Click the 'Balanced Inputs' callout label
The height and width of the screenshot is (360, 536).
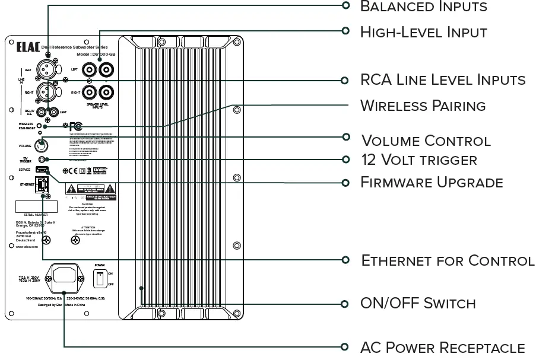click(423, 7)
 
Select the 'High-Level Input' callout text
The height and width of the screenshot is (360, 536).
click(423, 31)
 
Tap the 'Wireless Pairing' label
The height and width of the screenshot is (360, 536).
click(423, 106)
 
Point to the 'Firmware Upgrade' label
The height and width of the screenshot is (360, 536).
click(432, 182)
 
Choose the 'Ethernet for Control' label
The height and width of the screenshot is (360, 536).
click(448, 260)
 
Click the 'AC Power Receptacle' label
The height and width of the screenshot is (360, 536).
click(442, 347)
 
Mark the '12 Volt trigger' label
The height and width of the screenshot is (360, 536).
click(418, 160)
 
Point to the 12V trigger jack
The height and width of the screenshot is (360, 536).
click(42, 159)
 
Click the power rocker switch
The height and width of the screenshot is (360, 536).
click(100, 278)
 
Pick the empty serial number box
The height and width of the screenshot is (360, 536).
click(36, 206)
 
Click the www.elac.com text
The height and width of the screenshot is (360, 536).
click(27, 246)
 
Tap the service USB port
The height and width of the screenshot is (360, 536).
click(42, 170)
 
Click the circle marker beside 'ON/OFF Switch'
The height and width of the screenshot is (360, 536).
click(345, 303)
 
